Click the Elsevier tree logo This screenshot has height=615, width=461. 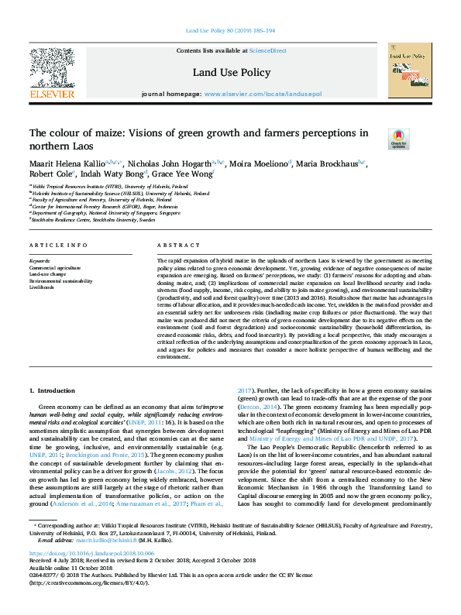pos(52,70)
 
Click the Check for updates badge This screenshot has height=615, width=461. pos(397,139)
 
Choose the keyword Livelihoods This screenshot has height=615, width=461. pos(43,286)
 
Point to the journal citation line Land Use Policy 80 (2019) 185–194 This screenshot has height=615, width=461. pos(229,32)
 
